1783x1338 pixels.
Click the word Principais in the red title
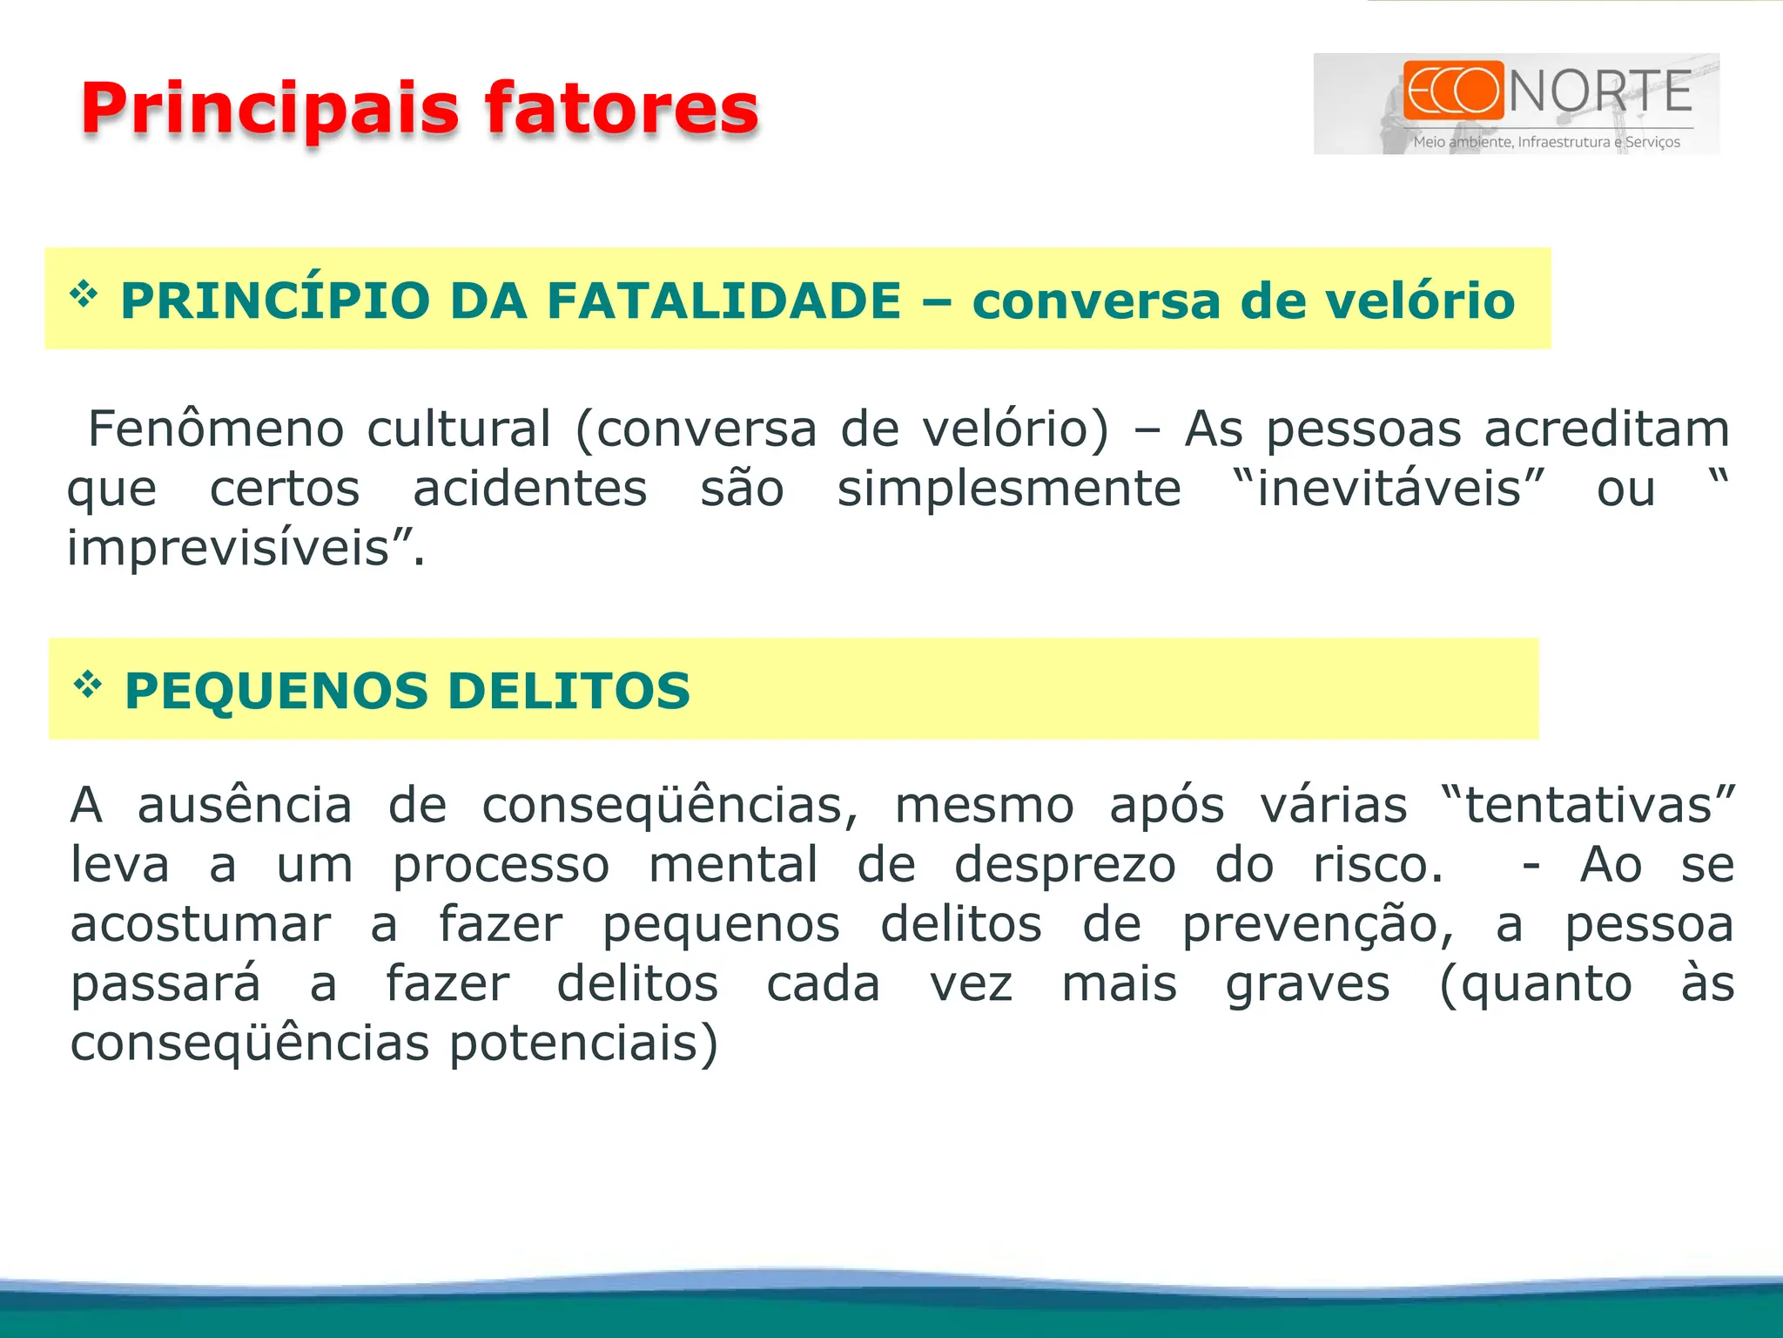tap(270, 109)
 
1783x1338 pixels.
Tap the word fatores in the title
tap(622, 109)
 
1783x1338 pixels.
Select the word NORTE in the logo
tap(1600, 92)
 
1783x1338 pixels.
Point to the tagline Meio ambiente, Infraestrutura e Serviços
tap(1546, 142)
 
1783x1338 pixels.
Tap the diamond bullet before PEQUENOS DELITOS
tap(88, 685)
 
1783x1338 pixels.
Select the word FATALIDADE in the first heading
tap(724, 301)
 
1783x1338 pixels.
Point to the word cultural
tap(459, 429)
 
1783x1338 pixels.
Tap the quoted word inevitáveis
tap(1389, 488)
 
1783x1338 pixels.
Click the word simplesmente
tap(1009, 489)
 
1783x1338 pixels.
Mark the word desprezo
tap(1065, 865)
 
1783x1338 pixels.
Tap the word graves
tap(1308, 984)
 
